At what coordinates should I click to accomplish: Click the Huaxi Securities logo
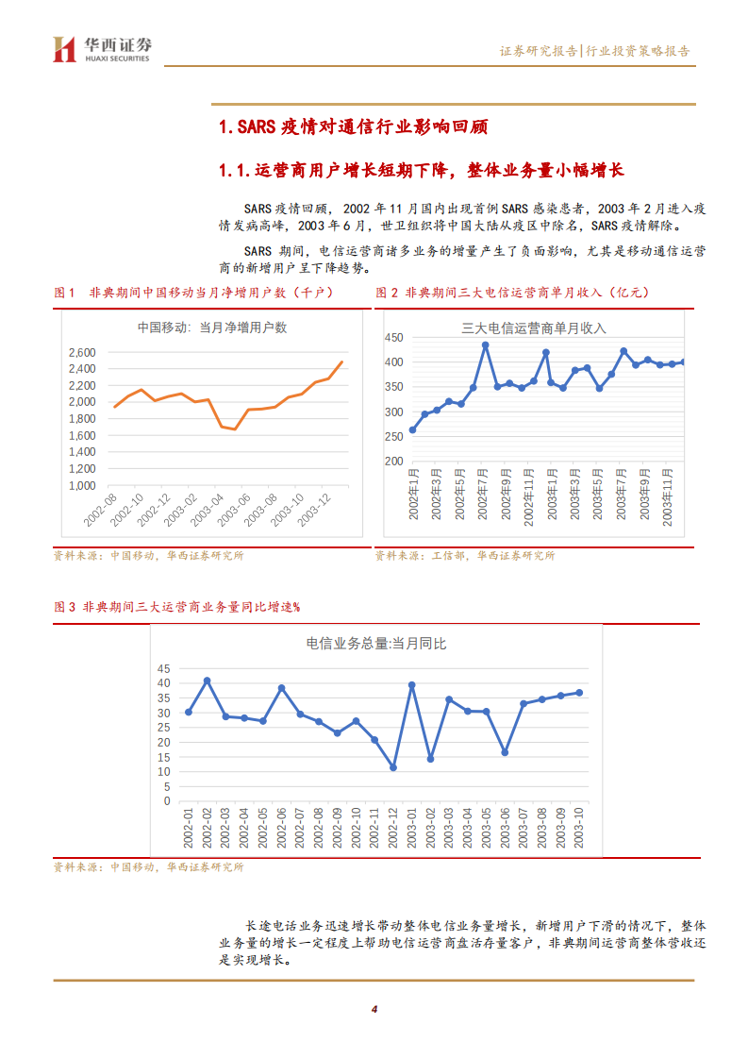102,49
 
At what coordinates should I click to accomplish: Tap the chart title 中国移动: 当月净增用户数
211,328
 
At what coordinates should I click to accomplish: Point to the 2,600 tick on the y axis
82,352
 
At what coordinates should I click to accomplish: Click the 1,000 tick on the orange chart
82,485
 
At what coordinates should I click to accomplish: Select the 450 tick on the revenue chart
393,338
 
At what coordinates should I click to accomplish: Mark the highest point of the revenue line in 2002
485,345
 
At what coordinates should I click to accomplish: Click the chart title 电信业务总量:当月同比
375,644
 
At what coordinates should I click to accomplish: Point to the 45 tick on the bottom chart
164,667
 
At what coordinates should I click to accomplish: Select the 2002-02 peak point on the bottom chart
207,681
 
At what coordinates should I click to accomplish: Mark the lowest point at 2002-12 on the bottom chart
392,767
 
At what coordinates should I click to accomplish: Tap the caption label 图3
65,607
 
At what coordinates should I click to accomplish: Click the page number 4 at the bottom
374,1009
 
